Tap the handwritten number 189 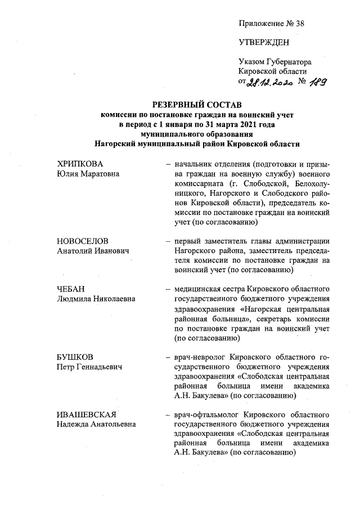(x=318, y=82)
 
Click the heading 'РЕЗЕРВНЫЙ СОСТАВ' (x=196, y=105)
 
